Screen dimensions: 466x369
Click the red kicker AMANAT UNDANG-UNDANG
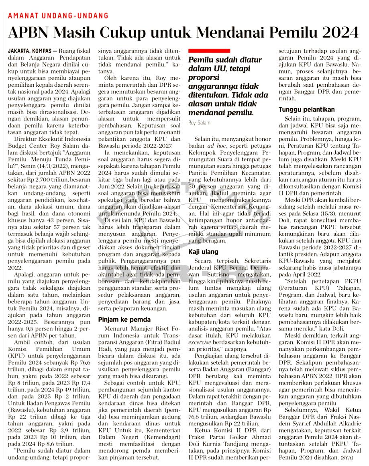(58, 16)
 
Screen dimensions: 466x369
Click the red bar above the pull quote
(209, 51)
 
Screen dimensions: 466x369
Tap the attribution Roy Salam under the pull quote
(199, 122)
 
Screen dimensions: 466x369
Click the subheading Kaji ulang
(204, 252)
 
